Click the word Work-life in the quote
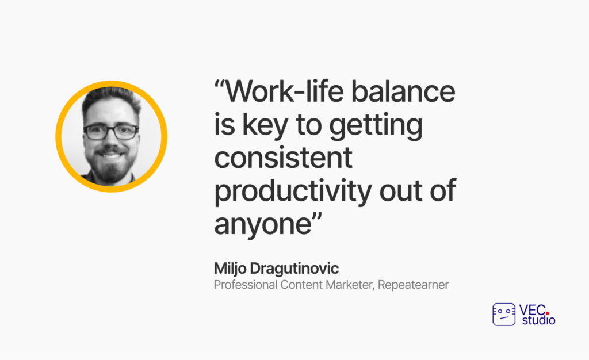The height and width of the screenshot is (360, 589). click(284, 91)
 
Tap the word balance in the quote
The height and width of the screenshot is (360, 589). click(403, 91)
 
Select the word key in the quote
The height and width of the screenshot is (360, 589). click(265, 125)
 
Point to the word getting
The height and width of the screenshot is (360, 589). click(376, 126)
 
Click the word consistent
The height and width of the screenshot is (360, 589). click(283, 158)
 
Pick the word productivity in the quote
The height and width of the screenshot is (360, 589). click(293, 192)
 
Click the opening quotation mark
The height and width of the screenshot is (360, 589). click(219, 84)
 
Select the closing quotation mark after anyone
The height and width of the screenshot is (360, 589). click(317, 217)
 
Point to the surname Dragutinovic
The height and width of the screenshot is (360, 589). click(294, 269)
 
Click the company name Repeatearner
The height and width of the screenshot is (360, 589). click(413, 285)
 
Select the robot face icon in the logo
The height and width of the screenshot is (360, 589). click(504, 315)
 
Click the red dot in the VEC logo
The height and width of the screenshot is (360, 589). click(548, 313)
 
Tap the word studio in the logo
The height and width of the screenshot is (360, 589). click(538, 320)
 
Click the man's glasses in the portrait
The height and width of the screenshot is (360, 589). click(111, 131)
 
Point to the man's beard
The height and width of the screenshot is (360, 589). click(111, 166)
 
